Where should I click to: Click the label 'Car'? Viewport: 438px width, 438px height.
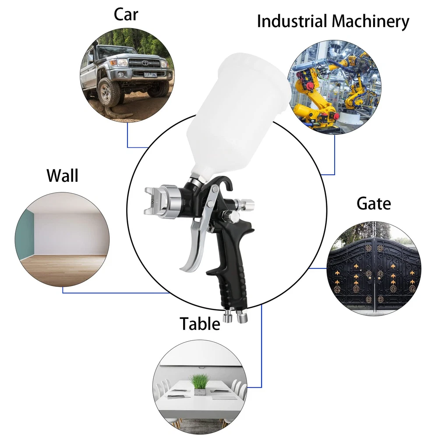[x=126, y=14]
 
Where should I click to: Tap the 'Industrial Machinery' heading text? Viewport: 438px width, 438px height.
[x=333, y=21]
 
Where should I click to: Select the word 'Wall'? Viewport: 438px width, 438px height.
[x=63, y=176]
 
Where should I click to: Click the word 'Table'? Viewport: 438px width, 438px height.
[x=200, y=324]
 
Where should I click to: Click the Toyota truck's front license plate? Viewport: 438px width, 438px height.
[x=151, y=74]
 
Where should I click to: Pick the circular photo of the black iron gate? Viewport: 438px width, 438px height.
[x=374, y=267]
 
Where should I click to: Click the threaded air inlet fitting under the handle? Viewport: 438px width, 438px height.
[x=241, y=315]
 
